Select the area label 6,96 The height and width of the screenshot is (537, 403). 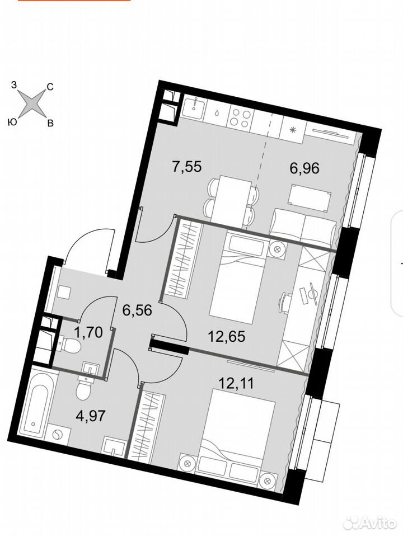pos(304,168)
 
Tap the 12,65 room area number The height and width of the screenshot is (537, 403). pos(227,337)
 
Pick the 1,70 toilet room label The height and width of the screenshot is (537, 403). pos(88,332)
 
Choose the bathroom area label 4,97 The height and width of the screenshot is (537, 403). pos(90,417)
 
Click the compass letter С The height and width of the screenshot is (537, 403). pos(50,87)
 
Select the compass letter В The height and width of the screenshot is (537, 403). pos(50,123)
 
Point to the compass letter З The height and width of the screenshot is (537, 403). pos(13,85)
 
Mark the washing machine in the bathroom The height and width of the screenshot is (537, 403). pos(58,435)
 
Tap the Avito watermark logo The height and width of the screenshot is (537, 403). pos(370,523)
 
